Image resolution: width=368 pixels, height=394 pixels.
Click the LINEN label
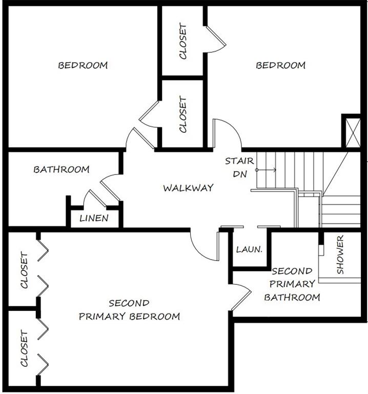(x=94, y=218)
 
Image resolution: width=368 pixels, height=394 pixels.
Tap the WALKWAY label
(x=188, y=188)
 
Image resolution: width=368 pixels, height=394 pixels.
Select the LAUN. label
(x=249, y=249)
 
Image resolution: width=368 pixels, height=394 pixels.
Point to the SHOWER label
(x=340, y=254)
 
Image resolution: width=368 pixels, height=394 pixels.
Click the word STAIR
(x=239, y=161)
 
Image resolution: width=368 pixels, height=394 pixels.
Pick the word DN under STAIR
(x=240, y=174)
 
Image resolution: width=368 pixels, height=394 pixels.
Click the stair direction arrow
(x=266, y=170)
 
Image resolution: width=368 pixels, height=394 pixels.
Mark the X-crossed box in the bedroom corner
(x=353, y=133)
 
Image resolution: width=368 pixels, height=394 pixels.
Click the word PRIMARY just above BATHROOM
(x=292, y=284)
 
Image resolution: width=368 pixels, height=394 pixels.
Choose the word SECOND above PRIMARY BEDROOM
(x=129, y=303)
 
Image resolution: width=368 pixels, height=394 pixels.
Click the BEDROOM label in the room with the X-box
(x=281, y=65)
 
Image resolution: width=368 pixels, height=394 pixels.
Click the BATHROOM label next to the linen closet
(x=62, y=169)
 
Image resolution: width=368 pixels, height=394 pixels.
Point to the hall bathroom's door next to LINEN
(x=110, y=187)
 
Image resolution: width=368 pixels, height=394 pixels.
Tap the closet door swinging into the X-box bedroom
(x=216, y=39)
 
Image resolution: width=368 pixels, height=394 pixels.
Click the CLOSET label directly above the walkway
(x=183, y=114)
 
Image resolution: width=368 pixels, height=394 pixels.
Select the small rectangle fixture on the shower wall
(x=321, y=250)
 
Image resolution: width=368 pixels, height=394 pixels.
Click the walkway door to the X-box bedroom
(x=227, y=133)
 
